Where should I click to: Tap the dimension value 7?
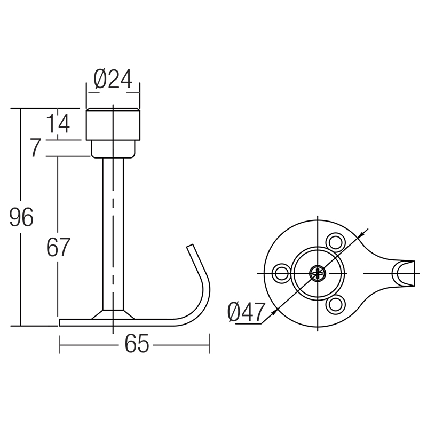tap(36, 148)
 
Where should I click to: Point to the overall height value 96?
tap(21, 218)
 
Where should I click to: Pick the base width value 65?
tap(137, 345)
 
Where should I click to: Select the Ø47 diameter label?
tap(246, 312)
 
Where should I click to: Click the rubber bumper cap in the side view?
tap(113, 124)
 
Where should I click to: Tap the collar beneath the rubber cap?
tap(113, 149)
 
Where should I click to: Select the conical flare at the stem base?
tap(113, 314)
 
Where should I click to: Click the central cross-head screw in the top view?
tap(318, 273)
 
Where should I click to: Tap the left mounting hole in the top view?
tap(281, 273)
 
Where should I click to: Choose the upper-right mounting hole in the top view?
tap(336, 241)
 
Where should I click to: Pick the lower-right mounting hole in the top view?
tap(336, 305)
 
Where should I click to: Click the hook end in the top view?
tap(404, 273)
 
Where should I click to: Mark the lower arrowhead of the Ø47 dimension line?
tap(274, 311)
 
